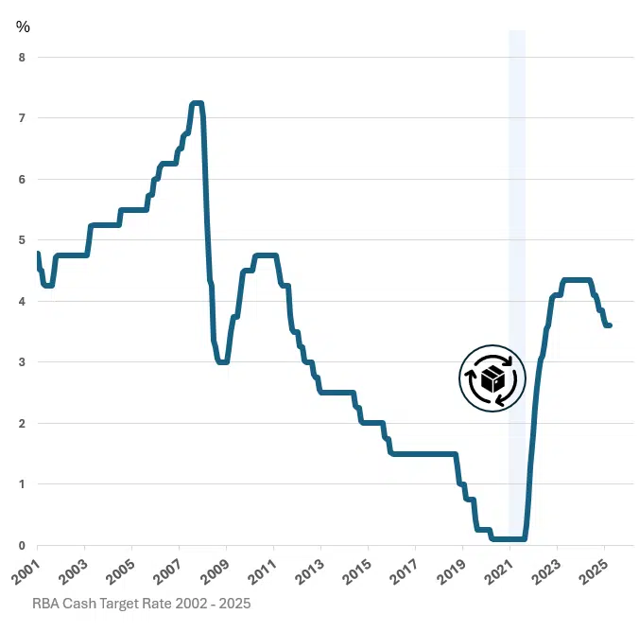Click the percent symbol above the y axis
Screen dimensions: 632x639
[x=23, y=26]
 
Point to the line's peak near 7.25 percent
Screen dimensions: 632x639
[x=197, y=103]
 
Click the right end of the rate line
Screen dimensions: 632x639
[x=610, y=325]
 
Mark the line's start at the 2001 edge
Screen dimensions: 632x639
[x=38, y=254]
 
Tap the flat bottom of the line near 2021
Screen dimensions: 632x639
[x=509, y=538]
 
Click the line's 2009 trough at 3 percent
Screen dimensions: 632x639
[x=223, y=361]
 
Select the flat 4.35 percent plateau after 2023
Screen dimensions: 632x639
[x=577, y=280]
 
